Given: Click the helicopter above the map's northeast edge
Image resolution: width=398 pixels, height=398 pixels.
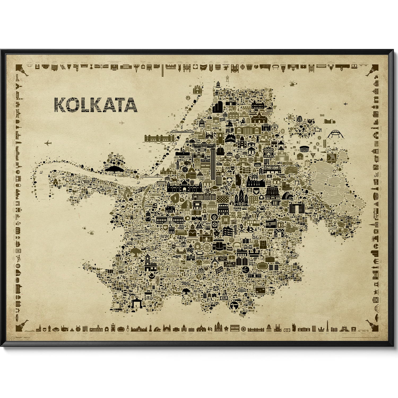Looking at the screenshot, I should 292,84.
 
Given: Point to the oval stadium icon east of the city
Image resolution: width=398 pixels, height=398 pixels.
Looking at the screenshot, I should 304,148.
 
